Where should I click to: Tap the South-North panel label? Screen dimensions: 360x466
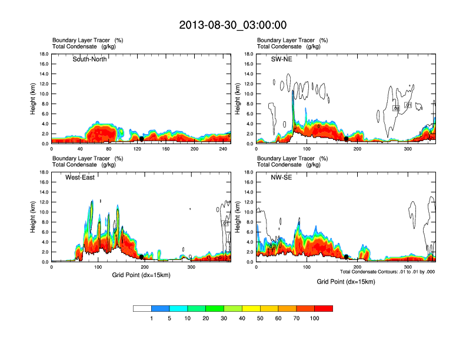[89, 59]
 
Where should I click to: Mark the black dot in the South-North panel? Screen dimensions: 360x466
[141, 139]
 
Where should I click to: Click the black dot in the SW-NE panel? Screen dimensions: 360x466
[347, 139]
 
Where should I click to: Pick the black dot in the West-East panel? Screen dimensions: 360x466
[141, 257]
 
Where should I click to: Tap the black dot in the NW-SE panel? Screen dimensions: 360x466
[347, 257]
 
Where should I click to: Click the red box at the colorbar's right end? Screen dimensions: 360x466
[324, 308]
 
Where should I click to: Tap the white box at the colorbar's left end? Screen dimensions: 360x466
[142, 308]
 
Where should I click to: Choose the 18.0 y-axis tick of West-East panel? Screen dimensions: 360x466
[43, 172]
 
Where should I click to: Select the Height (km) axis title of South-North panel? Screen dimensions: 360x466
[34, 99]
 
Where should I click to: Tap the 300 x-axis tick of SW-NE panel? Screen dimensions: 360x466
[408, 149]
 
